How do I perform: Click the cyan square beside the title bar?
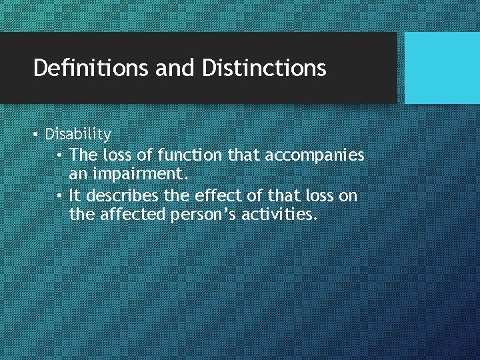(x=442, y=68)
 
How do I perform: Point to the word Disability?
(x=78, y=135)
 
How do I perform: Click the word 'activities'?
(x=281, y=216)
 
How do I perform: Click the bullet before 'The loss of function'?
(x=59, y=155)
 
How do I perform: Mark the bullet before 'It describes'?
(x=59, y=196)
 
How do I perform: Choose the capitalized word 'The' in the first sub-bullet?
(x=83, y=155)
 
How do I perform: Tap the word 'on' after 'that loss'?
(x=349, y=196)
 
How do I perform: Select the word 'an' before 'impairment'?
(x=77, y=175)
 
